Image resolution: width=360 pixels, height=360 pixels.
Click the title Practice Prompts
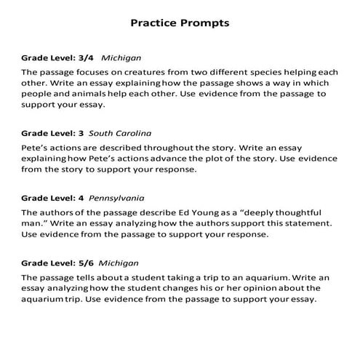click(x=180, y=23)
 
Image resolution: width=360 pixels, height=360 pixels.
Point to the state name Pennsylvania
click(x=116, y=198)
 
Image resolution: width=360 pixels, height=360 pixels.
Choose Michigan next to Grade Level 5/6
click(x=121, y=263)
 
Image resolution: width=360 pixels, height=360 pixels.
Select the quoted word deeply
click(x=260, y=212)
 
